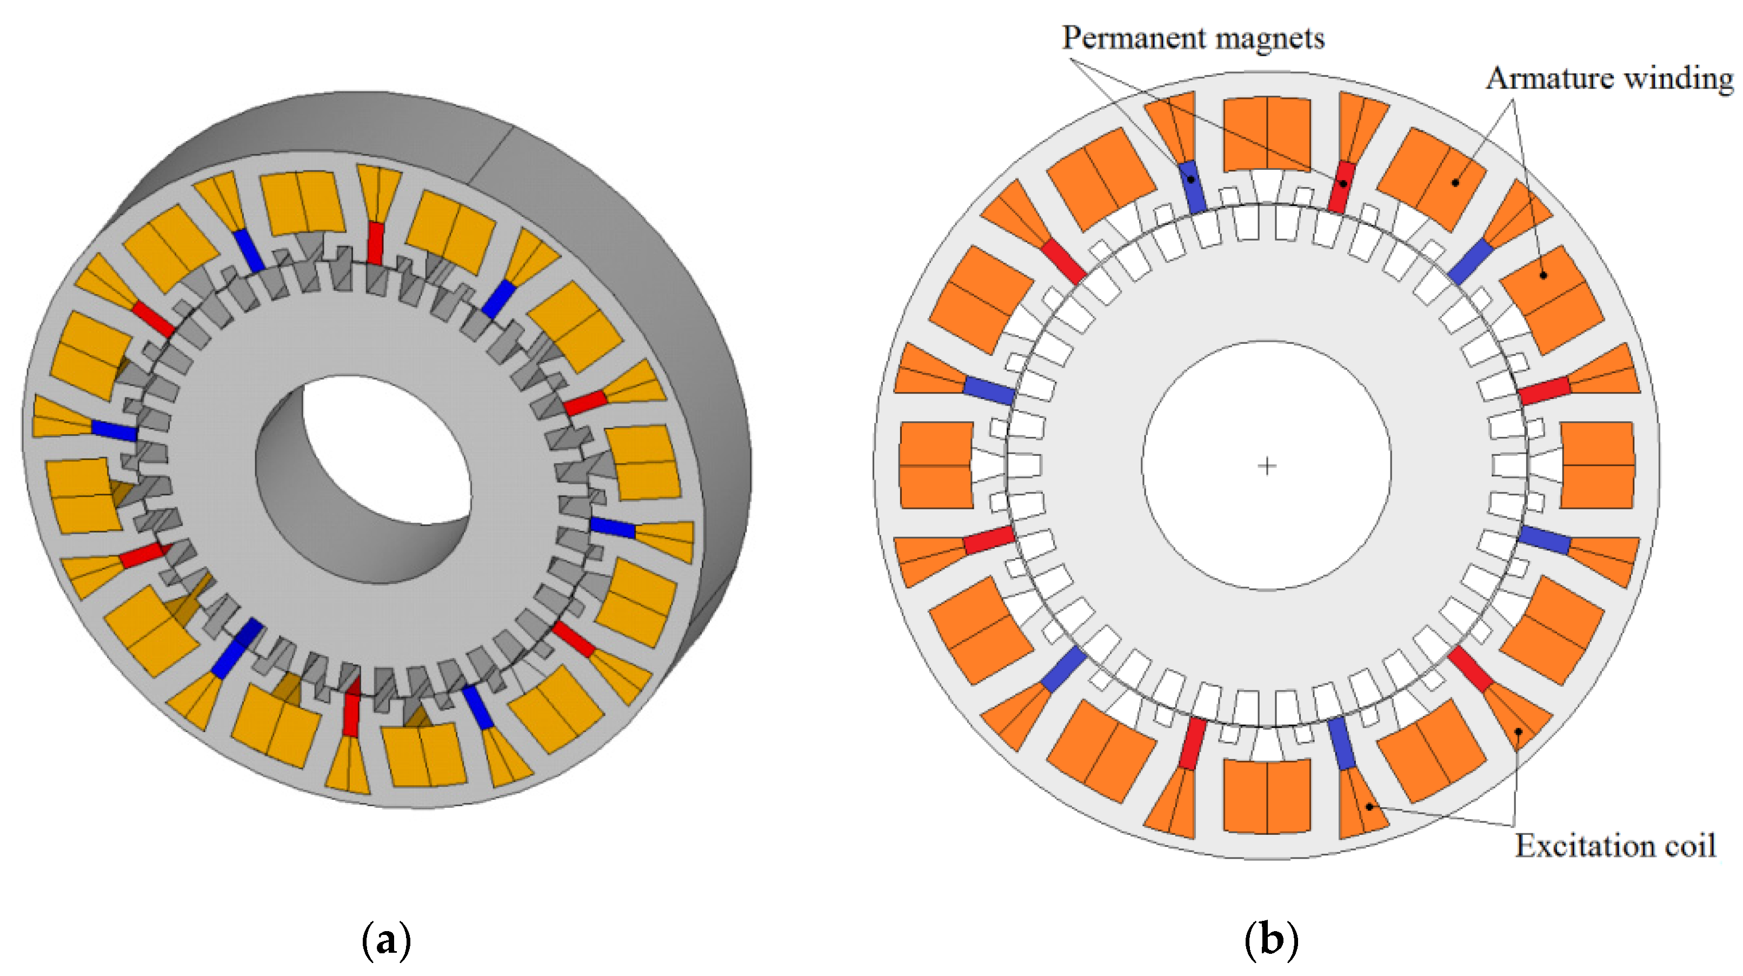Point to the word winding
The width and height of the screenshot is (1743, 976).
[x=1679, y=79]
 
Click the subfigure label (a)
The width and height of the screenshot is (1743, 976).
[x=387, y=939]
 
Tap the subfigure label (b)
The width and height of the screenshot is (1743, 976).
[x=1272, y=939]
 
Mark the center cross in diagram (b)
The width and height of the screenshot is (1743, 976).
[x=1267, y=466]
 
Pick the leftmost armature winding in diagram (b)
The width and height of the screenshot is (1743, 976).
[x=936, y=466]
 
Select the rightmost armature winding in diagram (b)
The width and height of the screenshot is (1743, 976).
[x=1597, y=466]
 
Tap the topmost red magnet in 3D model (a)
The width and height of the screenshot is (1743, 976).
[x=376, y=242]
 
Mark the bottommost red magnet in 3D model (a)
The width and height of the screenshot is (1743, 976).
[x=350, y=714]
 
